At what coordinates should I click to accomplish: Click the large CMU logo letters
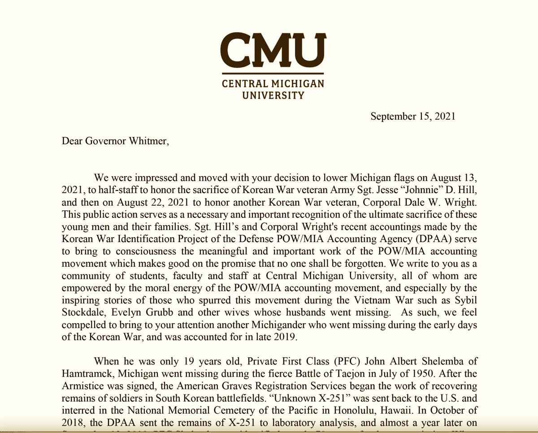pos(273,49)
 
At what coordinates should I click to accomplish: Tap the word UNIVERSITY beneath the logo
pos(273,95)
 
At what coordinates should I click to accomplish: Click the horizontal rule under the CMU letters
pos(273,73)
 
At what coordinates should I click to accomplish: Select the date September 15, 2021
pos(412,117)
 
